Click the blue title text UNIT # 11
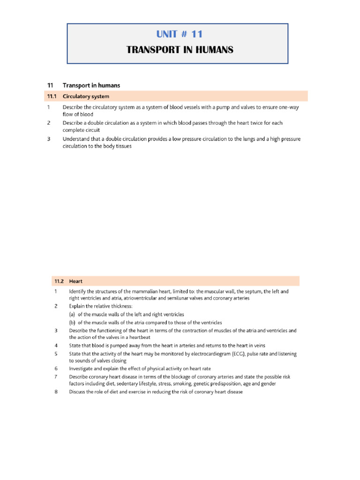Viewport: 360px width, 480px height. tap(180, 34)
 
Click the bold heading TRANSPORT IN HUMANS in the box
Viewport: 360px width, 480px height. tap(180, 50)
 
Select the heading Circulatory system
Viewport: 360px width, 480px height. tap(86, 97)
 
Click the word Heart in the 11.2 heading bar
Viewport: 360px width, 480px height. tap(76, 281)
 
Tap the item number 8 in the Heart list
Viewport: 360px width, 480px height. tap(55, 392)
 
